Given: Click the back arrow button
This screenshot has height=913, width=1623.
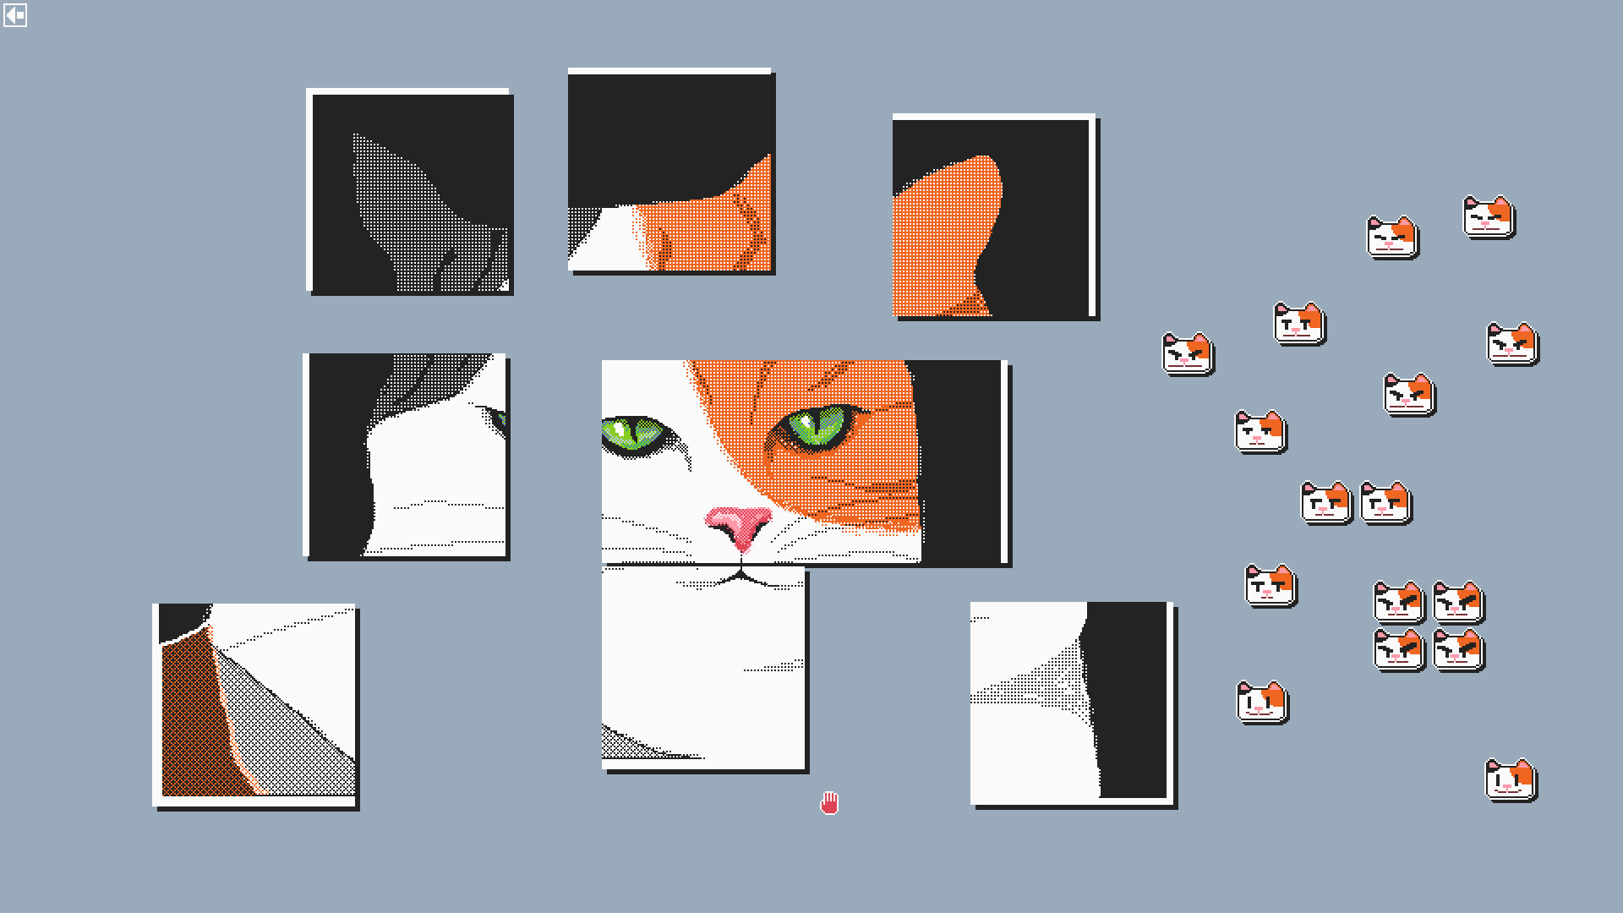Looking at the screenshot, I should pyautogui.click(x=15, y=15).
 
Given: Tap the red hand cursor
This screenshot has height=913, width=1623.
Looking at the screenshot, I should pyautogui.click(x=829, y=803).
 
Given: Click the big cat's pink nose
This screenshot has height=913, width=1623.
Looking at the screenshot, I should pyautogui.click(x=739, y=524).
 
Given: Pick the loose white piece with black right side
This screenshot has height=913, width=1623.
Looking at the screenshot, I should pyautogui.click(x=1071, y=702).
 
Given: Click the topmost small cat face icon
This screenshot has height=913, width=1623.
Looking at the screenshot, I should pyautogui.click(x=1489, y=218).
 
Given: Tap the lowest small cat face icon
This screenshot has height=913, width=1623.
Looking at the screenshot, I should pyautogui.click(x=1511, y=779).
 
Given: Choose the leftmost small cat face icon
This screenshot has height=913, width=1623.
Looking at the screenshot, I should pyautogui.click(x=1188, y=353).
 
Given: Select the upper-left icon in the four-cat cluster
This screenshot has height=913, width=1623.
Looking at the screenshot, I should pyautogui.click(x=1399, y=602).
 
